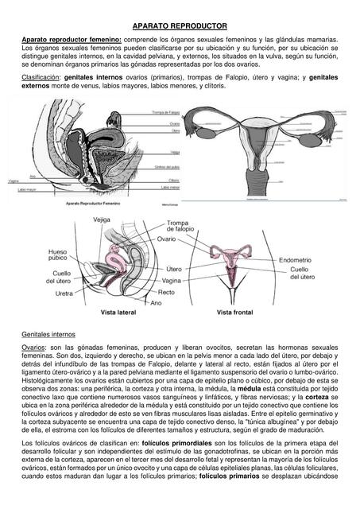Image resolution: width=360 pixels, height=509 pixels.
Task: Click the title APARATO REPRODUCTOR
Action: [180, 25]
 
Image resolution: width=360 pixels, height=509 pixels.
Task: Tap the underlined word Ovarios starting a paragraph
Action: [33, 348]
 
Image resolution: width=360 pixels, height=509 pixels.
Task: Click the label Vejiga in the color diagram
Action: [102, 219]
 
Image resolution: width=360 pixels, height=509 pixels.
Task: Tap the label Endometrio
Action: [295, 259]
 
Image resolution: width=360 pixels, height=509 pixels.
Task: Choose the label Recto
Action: [167, 292]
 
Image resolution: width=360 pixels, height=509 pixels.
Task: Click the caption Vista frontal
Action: [235, 312]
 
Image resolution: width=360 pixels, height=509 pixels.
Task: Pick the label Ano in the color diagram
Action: [156, 302]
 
